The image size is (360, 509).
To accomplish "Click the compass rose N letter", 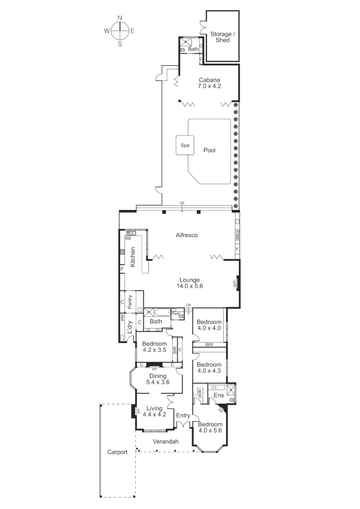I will click(120, 17).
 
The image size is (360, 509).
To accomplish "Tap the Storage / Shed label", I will click(221, 37).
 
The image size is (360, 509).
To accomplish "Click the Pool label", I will click(209, 150).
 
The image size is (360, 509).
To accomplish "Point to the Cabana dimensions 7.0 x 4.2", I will click(210, 86).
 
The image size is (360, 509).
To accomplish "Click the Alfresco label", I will click(186, 235).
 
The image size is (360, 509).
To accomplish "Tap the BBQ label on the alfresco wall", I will click(237, 235).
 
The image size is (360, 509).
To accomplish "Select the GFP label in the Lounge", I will click(234, 284).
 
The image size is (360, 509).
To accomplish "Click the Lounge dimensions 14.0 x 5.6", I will click(189, 286).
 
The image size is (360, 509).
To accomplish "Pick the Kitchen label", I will click(133, 257).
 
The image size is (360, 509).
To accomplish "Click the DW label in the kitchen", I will click(128, 238).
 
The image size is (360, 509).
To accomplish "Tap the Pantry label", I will click(130, 301).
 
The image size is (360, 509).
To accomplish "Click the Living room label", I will click(154, 408).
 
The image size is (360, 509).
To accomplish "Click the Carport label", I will click(117, 452).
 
